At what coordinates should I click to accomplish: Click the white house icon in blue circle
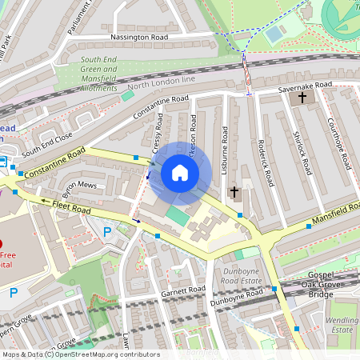click(180, 172)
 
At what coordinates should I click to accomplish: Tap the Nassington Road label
click(139, 38)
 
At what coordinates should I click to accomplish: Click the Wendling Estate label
click(343, 324)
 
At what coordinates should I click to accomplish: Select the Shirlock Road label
click(302, 154)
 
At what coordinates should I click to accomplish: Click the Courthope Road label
click(339, 144)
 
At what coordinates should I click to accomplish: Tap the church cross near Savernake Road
click(302, 98)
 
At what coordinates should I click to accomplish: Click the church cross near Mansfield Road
click(234, 192)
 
